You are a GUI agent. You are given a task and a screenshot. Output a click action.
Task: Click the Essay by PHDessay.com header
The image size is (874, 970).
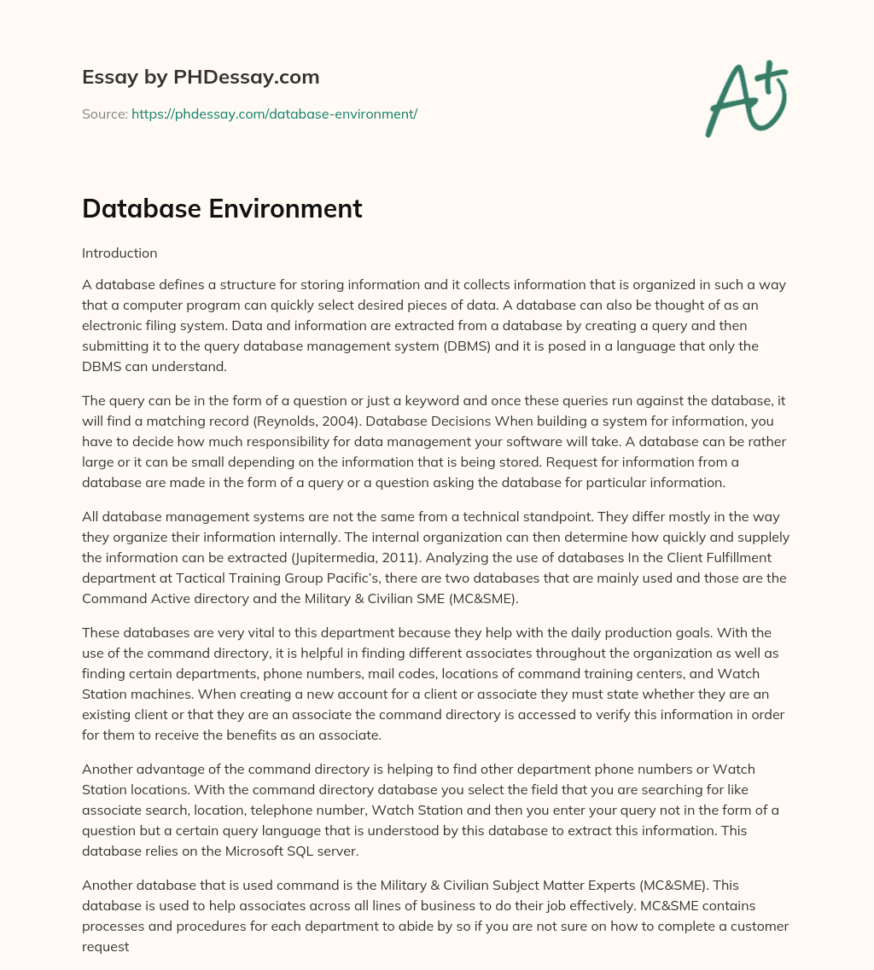(201, 77)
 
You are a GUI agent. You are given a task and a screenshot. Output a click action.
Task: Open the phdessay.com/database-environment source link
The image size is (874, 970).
(274, 113)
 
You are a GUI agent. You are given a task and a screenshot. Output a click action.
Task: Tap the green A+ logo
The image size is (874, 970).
(746, 98)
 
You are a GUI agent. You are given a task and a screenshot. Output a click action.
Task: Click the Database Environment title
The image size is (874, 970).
(222, 208)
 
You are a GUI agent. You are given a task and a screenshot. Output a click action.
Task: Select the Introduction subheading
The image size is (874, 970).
(119, 253)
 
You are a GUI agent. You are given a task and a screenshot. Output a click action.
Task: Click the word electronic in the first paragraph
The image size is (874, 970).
(119, 324)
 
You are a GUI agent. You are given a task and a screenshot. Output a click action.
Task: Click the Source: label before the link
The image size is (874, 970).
(105, 113)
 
